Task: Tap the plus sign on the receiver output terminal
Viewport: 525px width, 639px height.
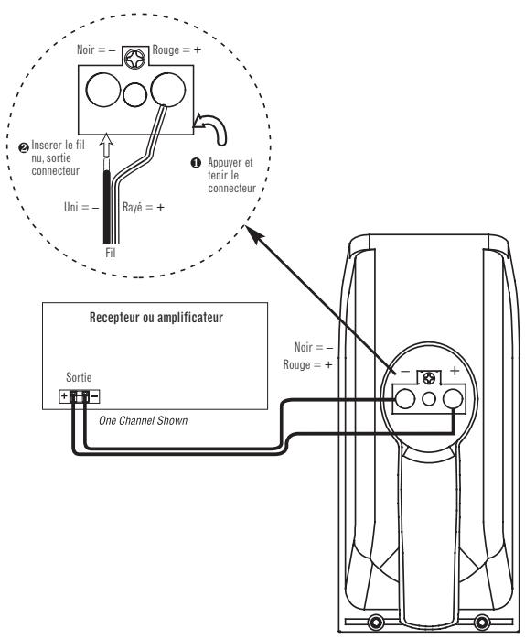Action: (x=62, y=396)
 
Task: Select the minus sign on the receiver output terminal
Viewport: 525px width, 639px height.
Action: (x=94, y=396)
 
